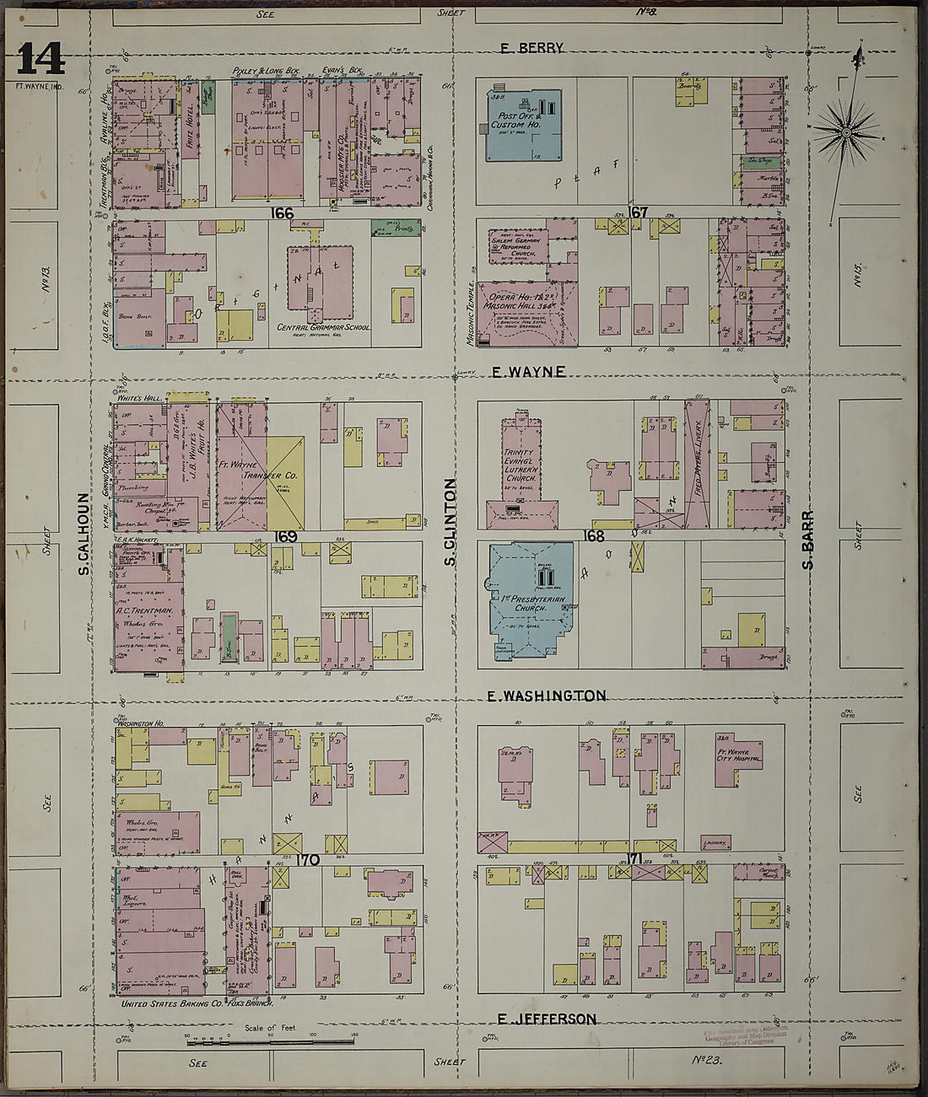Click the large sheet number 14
(x=40, y=59)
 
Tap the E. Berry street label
(x=531, y=48)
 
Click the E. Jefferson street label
(x=546, y=1019)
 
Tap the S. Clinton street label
(x=450, y=523)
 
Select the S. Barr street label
(x=807, y=540)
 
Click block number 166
(x=283, y=213)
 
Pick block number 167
(x=638, y=212)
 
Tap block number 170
(x=307, y=860)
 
